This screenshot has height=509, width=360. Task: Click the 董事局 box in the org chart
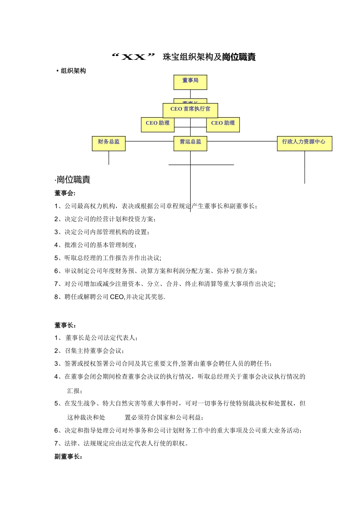(190, 82)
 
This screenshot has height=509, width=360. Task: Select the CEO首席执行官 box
(190, 110)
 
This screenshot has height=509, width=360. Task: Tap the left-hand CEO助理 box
(158, 124)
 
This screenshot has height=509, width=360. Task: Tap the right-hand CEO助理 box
(223, 124)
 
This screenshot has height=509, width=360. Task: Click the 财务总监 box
(109, 143)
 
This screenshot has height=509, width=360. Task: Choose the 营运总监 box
(190, 143)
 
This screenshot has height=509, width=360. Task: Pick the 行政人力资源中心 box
(304, 143)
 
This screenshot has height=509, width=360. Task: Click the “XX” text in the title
(135, 57)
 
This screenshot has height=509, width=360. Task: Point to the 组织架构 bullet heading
(73, 71)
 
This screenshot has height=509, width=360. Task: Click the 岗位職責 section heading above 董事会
(73, 180)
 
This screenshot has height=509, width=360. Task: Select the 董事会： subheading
(65, 193)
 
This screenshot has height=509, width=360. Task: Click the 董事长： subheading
(65, 325)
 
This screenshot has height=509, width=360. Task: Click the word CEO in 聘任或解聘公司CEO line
(117, 297)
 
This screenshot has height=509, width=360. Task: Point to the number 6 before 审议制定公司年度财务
(56, 271)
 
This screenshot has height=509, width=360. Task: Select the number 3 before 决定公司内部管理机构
(56, 232)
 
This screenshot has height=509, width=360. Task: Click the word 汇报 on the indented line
(74, 390)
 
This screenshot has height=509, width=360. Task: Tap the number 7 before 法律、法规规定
(56, 443)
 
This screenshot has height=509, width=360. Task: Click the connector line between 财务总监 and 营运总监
(149, 141)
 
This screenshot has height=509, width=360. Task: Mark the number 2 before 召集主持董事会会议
(56, 351)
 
